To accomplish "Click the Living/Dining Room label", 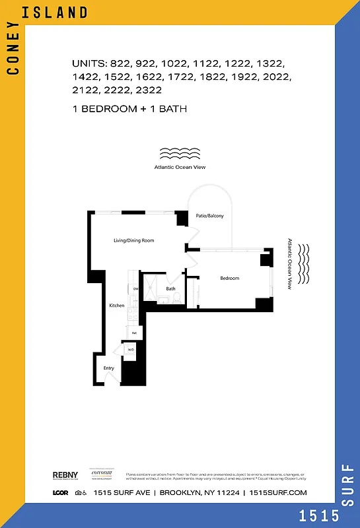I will tap(134, 240).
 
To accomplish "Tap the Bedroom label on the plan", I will tap(229, 279).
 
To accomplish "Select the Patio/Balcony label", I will tap(209, 216).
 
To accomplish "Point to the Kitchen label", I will tap(117, 306).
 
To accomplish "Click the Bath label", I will tap(171, 288).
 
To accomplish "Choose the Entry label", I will tap(109, 368).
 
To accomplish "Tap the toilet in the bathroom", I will tap(176, 300).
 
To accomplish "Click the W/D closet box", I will tap(131, 349).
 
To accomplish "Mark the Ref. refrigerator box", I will tap(134, 334).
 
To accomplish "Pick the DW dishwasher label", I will tap(135, 289).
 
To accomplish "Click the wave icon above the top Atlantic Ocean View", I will tap(180, 154).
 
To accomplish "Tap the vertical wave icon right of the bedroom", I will tap(304, 264).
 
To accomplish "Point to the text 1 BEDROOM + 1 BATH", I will tap(129, 108).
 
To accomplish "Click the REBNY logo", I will tap(64, 475).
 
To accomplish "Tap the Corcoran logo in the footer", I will tap(102, 475).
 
